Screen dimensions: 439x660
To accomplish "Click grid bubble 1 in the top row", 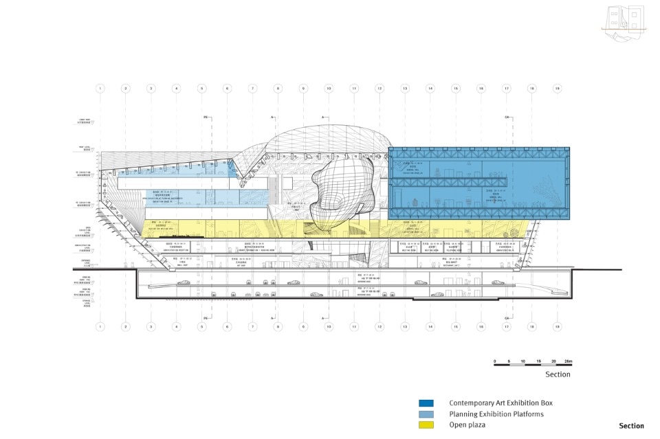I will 100,89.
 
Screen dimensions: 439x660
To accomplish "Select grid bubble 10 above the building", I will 329,89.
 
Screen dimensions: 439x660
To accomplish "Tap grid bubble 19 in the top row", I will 557,89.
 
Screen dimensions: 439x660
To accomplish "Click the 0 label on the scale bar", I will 495,361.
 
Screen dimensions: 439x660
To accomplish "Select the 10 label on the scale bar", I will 523,361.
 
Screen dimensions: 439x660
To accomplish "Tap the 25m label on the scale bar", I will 568,361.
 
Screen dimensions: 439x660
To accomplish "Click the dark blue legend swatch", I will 426,403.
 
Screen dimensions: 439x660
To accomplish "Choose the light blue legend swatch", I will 426,414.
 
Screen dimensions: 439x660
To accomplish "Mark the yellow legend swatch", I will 426,425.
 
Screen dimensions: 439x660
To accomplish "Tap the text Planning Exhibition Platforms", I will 496,414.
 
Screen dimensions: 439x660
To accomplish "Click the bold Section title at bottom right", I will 631,426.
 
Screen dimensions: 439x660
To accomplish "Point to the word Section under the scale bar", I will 558,374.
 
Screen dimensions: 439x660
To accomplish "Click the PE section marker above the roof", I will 206,118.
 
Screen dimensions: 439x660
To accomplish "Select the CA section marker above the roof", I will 509,118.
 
